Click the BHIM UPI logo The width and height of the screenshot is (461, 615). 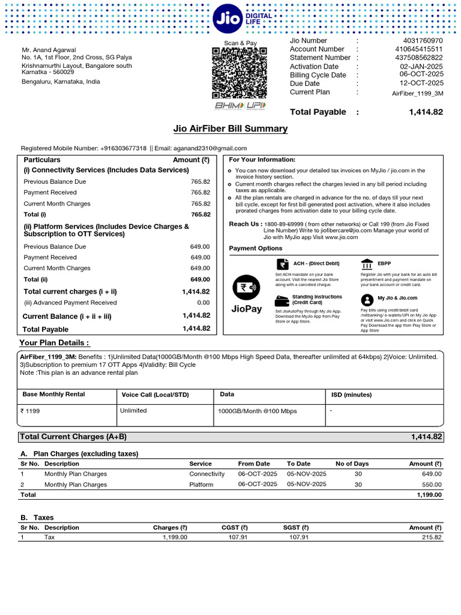tap(240, 106)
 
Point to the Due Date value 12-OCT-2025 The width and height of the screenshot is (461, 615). tap(422, 83)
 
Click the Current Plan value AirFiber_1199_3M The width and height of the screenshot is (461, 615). tap(418, 93)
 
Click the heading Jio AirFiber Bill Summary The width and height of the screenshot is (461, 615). tap(230, 129)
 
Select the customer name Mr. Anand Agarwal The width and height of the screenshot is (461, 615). tap(49, 50)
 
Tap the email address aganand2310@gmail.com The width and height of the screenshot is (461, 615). tap(210, 148)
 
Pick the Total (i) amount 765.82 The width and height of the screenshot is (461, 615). tap(200, 214)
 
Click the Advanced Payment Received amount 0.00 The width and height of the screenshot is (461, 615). tap(203, 303)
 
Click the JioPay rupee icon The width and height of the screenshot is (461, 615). tap(246, 287)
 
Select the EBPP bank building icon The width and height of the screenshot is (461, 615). tap(367, 264)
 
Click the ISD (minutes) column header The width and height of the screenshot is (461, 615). tap(351, 395)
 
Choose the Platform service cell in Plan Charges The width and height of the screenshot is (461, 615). tap(201, 484)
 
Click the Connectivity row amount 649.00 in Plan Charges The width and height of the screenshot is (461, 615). tap(431, 474)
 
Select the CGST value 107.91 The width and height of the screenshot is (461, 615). tap(235, 537)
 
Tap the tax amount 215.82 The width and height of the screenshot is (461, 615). tap(430, 537)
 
